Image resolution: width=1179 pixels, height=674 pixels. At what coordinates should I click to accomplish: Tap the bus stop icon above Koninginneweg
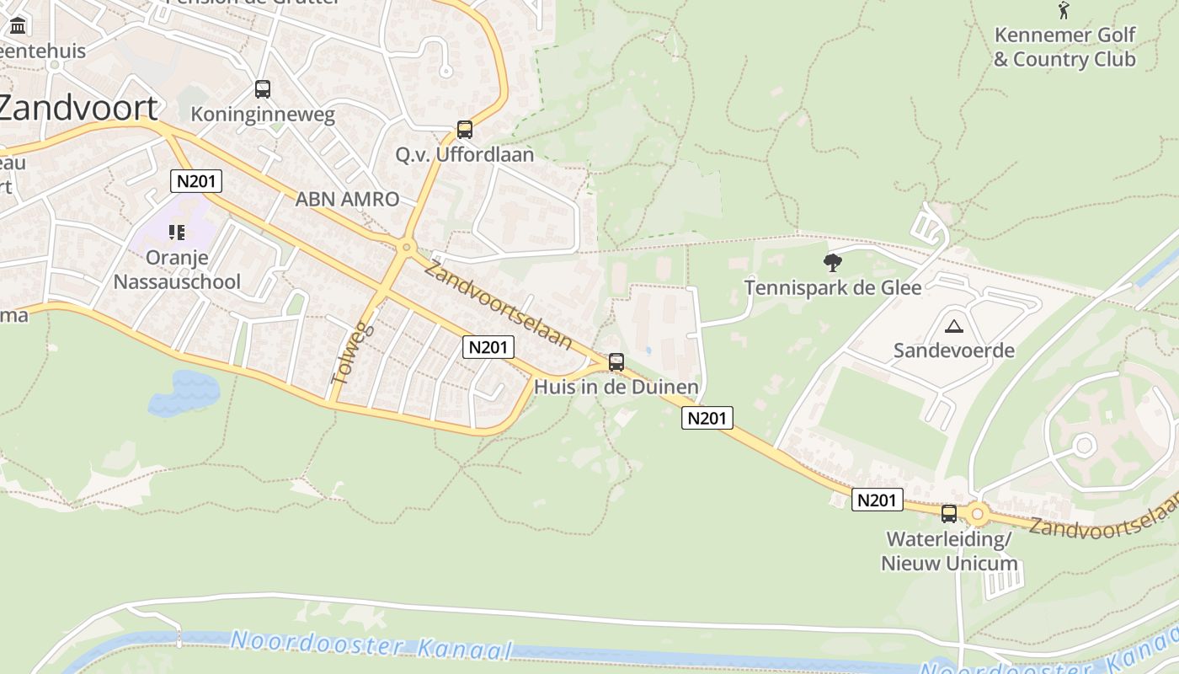pyautogui.click(x=263, y=88)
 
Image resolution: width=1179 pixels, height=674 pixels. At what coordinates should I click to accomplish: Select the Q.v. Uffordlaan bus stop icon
pyautogui.click(x=464, y=130)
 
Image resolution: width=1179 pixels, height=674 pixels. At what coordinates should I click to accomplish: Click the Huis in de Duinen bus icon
pyautogui.click(x=616, y=362)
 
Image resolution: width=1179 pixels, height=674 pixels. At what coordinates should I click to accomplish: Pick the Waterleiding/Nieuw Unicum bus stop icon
pyautogui.click(x=949, y=513)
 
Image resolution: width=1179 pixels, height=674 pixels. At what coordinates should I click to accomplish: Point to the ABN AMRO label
pyautogui.click(x=347, y=200)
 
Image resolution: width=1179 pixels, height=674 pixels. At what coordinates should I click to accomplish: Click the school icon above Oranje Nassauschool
pyautogui.click(x=177, y=232)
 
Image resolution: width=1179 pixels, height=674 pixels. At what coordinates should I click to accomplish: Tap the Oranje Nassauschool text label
pyautogui.click(x=177, y=270)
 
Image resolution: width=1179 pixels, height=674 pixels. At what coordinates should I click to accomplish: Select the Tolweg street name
pyautogui.click(x=352, y=352)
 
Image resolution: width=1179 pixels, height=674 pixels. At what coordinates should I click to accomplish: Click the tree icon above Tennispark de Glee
pyautogui.click(x=833, y=263)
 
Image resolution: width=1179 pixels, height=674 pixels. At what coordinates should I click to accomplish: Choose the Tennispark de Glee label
pyautogui.click(x=833, y=287)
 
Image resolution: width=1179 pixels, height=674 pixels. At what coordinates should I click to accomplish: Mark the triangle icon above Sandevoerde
pyautogui.click(x=953, y=326)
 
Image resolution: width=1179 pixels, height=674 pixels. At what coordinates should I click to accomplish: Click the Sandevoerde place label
pyautogui.click(x=953, y=350)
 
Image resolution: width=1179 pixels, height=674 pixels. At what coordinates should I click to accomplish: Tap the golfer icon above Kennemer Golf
pyautogui.click(x=1064, y=10)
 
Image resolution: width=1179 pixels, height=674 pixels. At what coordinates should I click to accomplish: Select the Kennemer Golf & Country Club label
pyautogui.click(x=1064, y=47)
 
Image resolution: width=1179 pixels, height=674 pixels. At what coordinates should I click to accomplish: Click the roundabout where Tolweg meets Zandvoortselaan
pyautogui.click(x=407, y=248)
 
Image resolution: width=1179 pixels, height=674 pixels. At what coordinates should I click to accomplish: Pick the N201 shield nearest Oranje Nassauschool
pyautogui.click(x=195, y=181)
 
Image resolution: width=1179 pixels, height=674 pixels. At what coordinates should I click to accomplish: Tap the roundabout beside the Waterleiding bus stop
pyautogui.click(x=977, y=513)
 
